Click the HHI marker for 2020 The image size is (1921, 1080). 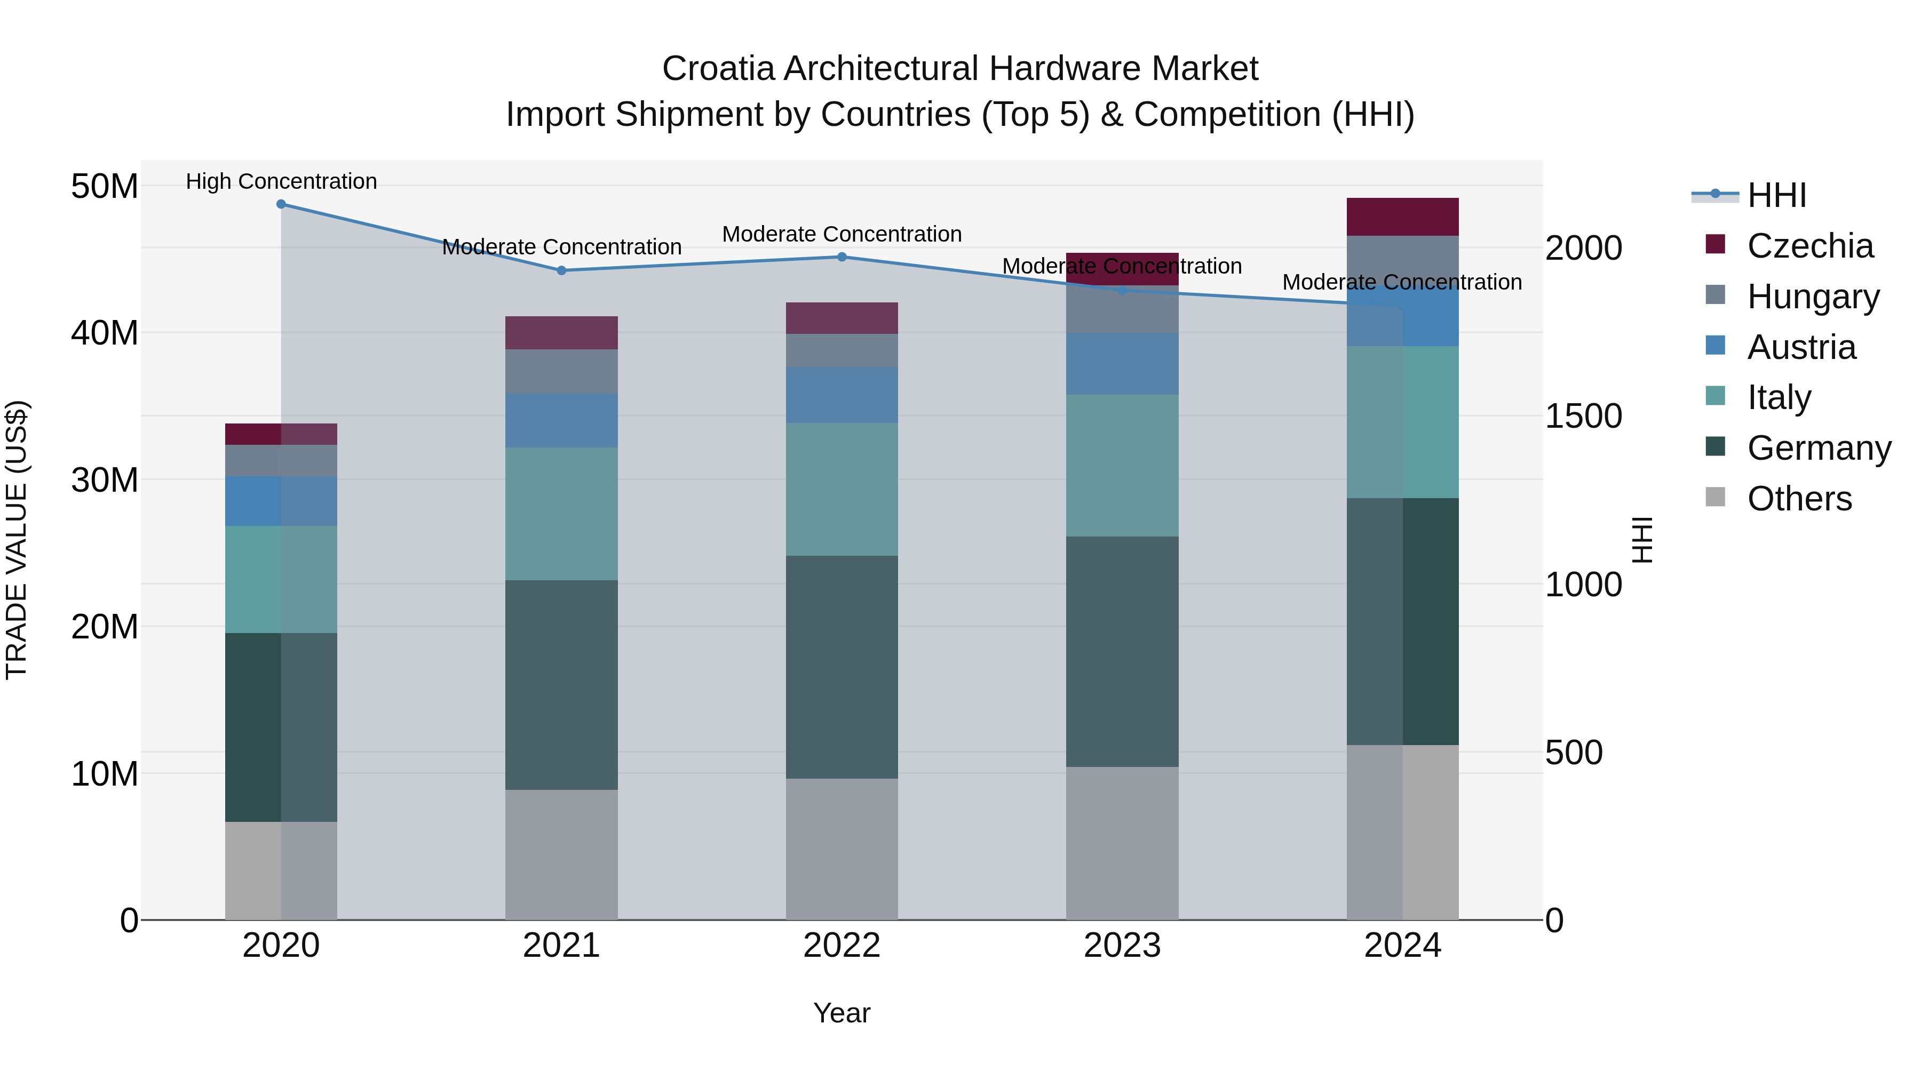pyautogui.click(x=281, y=204)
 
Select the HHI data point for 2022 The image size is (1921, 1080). pyautogui.click(x=842, y=257)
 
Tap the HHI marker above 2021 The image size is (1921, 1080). pyautogui.click(x=561, y=270)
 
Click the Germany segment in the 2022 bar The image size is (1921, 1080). pyautogui.click(x=842, y=667)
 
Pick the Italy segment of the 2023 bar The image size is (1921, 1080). pyautogui.click(x=1122, y=466)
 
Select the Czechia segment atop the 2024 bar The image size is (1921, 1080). pyautogui.click(x=1403, y=217)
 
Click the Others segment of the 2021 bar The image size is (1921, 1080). pyautogui.click(x=561, y=855)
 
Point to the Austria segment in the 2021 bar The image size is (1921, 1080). pyautogui.click(x=561, y=420)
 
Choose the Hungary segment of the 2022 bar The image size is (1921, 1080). pyautogui.click(x=842, y=350)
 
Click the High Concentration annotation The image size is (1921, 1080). pyautogui.click(x=281, y=181)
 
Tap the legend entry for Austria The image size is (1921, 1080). pyautogui.click(x=1801, y=347)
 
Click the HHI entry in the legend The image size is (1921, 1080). pyautogui.click(x=1776, y=195)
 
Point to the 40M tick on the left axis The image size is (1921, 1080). pyautogui.click(x=105, y=332)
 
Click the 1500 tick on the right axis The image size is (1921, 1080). pyautogui.click(x=1583, y=416)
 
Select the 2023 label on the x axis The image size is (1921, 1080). pyautogui.click(x=1122, y=946)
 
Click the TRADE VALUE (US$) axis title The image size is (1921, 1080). pyautogui.click(x=17, y=540)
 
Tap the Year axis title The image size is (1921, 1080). pyautogui.click(x=842, y=1013)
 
